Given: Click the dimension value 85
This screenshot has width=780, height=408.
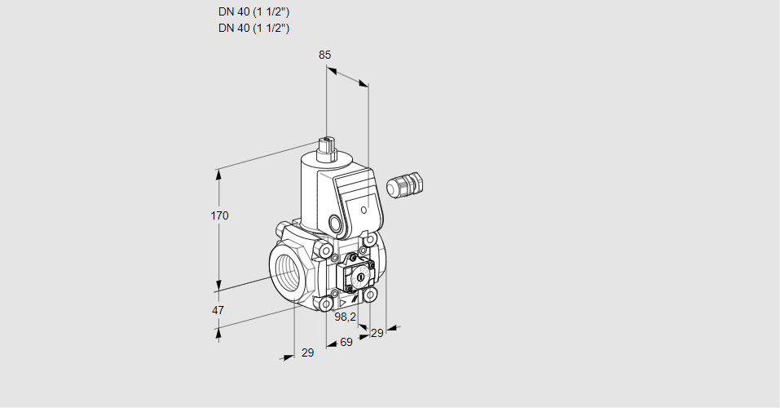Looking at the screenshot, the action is click(x=325, y=55).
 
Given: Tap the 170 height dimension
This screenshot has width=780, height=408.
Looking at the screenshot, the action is click(x=219, y=215).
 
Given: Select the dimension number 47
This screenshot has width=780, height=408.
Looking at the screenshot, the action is click(x=218, y=310).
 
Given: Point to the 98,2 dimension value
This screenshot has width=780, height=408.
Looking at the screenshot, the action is click(x=346, y=317).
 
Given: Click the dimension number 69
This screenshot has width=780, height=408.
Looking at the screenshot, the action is click(x=346, y=342).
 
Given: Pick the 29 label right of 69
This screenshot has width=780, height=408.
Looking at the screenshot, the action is click(x=377, y=333).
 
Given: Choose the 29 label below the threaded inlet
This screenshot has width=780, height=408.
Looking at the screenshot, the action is click(x=308, y=353).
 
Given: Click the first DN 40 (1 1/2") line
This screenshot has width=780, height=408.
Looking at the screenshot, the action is click(x=253, y=12).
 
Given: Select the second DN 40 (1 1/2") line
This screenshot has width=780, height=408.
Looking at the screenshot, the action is click(x=253, y=28).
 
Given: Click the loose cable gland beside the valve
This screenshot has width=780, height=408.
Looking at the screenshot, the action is click(x=405, y=184).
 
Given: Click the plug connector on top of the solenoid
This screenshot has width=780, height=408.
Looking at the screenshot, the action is click(x=327, y=149).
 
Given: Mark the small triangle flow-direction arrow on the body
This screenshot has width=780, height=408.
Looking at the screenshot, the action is click(x=342, y=303).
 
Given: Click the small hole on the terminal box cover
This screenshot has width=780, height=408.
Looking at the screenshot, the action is click(x=364, y=210).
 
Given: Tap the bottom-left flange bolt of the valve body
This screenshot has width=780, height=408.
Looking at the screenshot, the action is click(x=326, y=304).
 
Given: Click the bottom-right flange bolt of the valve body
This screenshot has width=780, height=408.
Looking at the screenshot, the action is click(x=369, y=295).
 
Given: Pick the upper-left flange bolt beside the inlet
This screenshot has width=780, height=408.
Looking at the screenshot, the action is click(x=326, y=249).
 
